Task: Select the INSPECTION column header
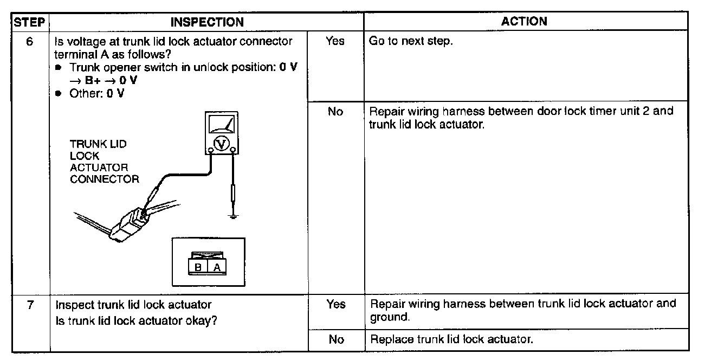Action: click(206, 22)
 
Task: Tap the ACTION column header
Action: click(524, 22)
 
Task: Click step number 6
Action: click(31, 41)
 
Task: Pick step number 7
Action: click(31, 305)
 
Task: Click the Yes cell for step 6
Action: click(335, 41)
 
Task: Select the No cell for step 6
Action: click(335, 112)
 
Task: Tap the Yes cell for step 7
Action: click(336, 305)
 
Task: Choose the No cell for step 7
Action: click(336, 340)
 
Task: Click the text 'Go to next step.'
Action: click(410, 42)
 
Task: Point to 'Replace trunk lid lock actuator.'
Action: click(451, 340)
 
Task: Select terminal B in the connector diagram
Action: click(198, 267)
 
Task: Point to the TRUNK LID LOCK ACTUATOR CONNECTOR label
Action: click(104, 162)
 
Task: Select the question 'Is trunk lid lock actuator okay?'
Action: click(137, 320)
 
